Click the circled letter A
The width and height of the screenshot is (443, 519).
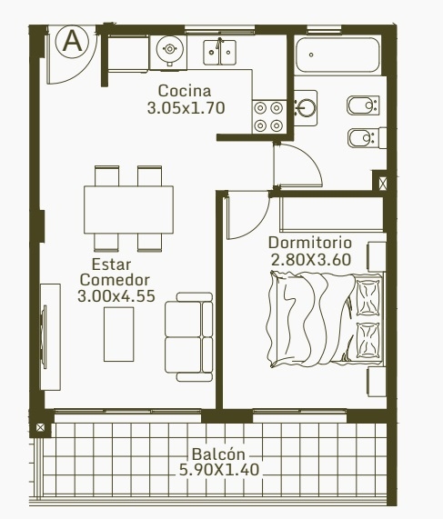coord(72,42)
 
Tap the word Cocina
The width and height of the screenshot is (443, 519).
coord(185,91)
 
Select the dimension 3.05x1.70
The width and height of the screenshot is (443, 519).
coord(186,108)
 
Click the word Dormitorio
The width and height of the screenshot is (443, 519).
coord(310,243)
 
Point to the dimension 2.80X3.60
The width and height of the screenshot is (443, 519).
coord(311,260)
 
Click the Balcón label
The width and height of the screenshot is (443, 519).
coord(218,454)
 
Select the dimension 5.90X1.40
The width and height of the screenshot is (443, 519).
coord(219,470)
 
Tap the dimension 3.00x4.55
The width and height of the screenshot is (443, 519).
coord(116,296)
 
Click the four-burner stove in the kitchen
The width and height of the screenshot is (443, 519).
coord(268,116)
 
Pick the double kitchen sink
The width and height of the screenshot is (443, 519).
coord(219,53)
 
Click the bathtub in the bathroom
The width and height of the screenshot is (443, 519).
coord(337,55)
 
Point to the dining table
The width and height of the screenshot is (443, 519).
coord(128,210)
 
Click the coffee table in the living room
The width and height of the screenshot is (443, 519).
coord(118,334)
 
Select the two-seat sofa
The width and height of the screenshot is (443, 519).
coord(189,337)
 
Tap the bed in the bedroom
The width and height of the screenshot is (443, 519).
coord(325,320)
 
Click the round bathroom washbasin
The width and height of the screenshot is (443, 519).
coord(307,108)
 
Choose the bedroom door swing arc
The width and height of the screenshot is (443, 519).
coord(257,226)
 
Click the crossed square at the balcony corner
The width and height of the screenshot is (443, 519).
coord(40,427)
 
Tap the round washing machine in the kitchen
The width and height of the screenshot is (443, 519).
coord(169,49)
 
